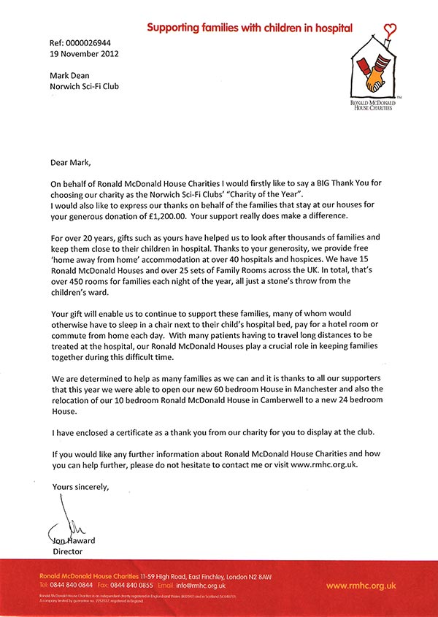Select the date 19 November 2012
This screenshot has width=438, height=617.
click(x=85, y=53)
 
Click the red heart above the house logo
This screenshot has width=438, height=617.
click(x=391, y=31)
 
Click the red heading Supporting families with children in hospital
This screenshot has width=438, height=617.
click(x=250, y=28)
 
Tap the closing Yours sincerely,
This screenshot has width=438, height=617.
click(x=80, y=486)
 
